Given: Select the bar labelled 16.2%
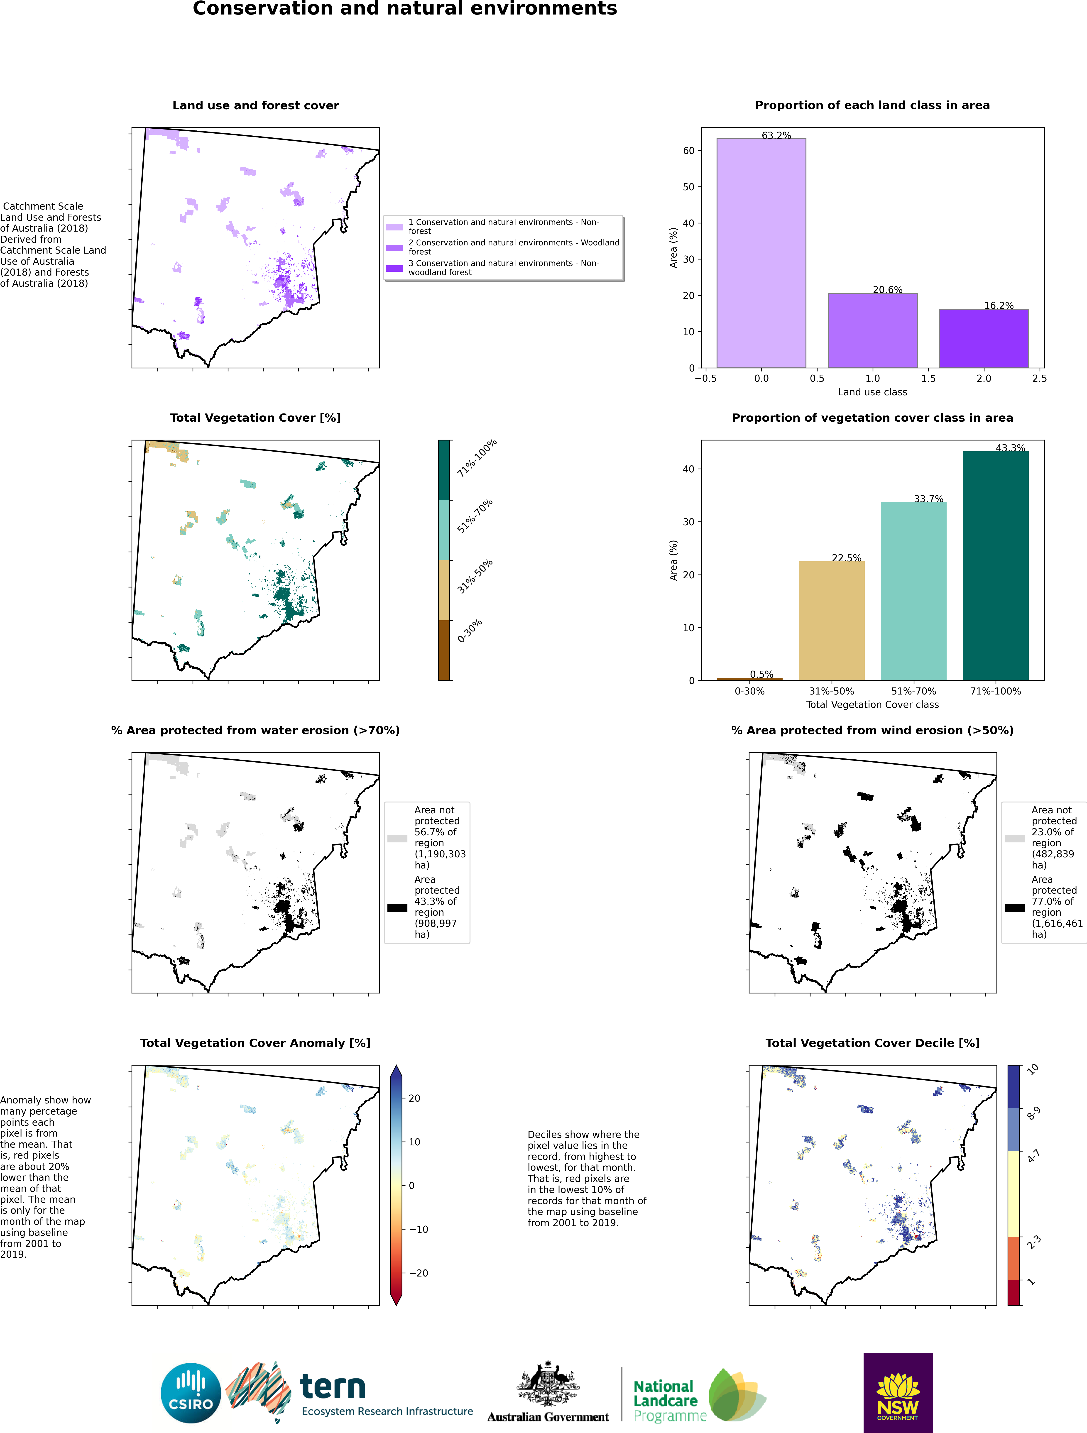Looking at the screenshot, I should click(983, 338).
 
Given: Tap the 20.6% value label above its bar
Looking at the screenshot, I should click(887, 290).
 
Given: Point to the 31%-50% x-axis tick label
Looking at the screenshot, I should click(831, 691).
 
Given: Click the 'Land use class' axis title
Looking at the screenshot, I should click(872, 392).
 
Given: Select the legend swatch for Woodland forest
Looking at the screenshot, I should click(394, 247).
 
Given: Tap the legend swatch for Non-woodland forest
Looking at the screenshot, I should click(394, 268).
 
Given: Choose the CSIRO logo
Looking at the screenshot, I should click(191, 1393).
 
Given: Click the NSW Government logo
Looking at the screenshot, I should click(898, 1393).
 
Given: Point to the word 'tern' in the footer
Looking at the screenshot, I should click(333, 1387).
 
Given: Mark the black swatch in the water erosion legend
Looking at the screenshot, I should click(397, 908).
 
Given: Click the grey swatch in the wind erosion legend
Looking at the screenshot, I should click(1014, 838).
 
